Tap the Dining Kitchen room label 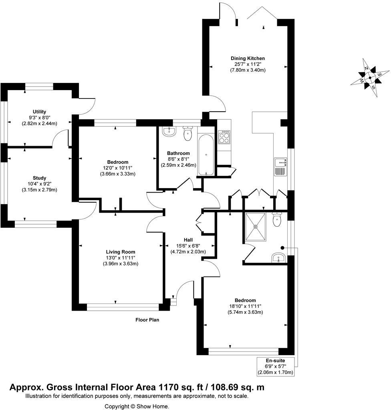pos(248,58)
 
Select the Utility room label pos(39,112)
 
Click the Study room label pos(39,178)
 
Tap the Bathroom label pos(178,153)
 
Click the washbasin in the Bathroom pos(170,131)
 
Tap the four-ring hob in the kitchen pos(224,137)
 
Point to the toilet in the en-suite pos(277,220)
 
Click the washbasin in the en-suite pos(278,258)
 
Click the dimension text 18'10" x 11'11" pos(245,306)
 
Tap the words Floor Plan pos(147,320)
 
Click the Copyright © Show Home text pos(137,406)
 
